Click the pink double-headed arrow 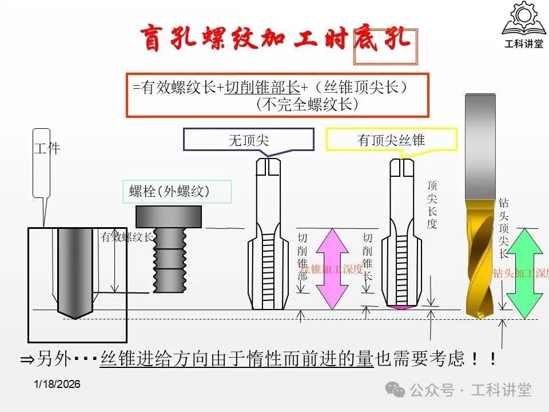[x=332, y=268]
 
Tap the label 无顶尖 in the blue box [x=249, y=140]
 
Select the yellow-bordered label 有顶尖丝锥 [x=392, y=140]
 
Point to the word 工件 [x=47, y=148]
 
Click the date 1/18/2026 [x=57, y=384]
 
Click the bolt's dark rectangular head [x=169, y=216]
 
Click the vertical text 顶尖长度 [x=432, y=204]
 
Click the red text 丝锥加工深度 [x=332, y=269]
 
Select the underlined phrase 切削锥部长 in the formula [x=262, y=87]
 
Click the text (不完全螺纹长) [x=308, y=105]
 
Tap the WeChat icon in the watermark [x=395, y=390]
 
